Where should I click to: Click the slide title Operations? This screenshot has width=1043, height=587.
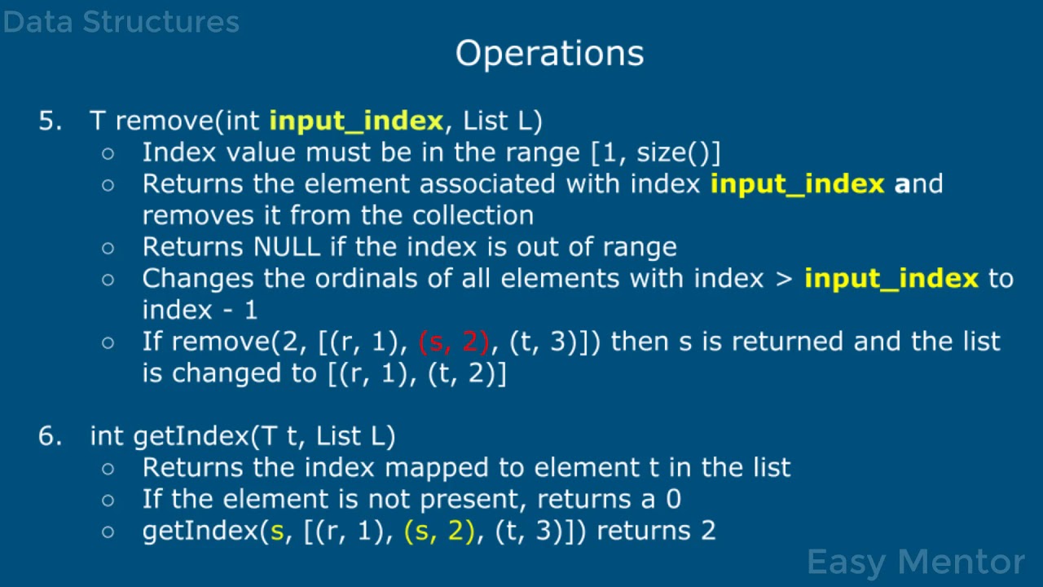[x=549, y=53]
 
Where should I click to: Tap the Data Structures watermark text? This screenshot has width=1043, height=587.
[x=121, y=22]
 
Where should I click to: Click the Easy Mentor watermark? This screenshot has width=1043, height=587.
[x=915, y=562]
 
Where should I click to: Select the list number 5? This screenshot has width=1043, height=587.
[x=50, y=121]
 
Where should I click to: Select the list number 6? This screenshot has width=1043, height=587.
[x=50, y=436]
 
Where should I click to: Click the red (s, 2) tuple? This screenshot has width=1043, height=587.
[x=454, y=342]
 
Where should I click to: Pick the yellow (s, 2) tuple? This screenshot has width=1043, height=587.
[x=439, y=531]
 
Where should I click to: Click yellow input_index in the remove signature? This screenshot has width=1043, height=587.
[x=356, y=121]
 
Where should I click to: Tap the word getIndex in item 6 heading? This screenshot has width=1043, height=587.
[x=191, y=436]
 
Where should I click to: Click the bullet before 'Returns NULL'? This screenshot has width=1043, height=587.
[x=108, y=248]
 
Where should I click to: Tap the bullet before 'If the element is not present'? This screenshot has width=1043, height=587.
[x=108, y=500]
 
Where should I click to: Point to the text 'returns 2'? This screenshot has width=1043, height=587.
[x=656, y=531]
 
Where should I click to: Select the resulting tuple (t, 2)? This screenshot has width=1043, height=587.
[x=467, y=373]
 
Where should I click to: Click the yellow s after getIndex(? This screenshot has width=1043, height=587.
[x=276, y=531]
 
